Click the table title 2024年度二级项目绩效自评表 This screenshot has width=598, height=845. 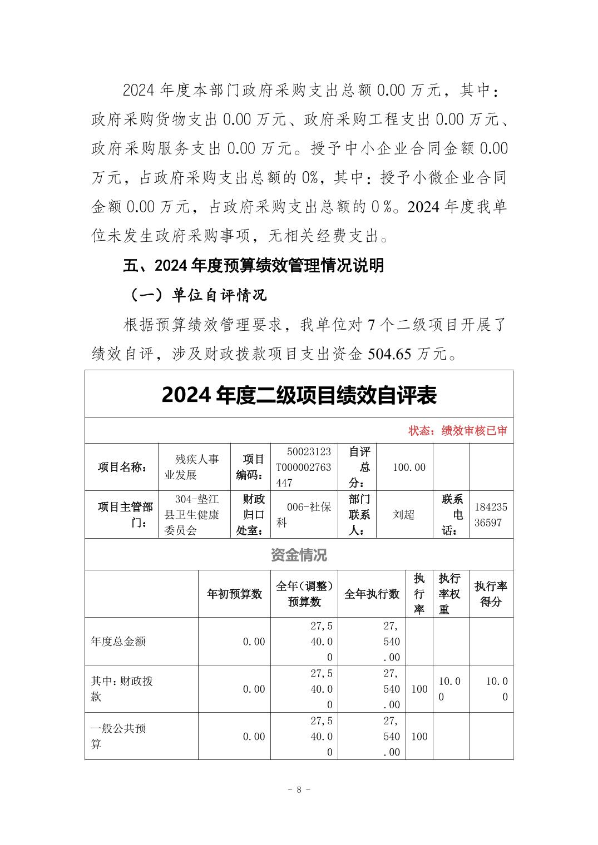(299, 395)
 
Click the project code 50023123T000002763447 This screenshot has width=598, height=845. (303, 467)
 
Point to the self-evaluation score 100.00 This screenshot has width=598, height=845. (409, 467)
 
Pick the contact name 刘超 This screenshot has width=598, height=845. (404, 515)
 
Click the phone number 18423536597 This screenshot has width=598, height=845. (491, 515)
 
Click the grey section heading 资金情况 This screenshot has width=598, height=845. (299, 555)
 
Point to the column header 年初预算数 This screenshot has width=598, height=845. (234, 594)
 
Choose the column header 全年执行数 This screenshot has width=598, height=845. (372, 594)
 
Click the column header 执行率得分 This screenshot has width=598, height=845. (491, 594)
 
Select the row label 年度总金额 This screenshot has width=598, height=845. (118, 642)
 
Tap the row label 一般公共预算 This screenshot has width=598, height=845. (118, 736)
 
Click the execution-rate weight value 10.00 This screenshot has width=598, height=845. (449, 689)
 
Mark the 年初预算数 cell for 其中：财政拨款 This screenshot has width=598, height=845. (254, 689)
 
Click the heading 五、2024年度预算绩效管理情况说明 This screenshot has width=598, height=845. (254, 266)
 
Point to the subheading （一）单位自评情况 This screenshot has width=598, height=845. (198, 295)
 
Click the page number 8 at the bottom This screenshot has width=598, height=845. (299, 789)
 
